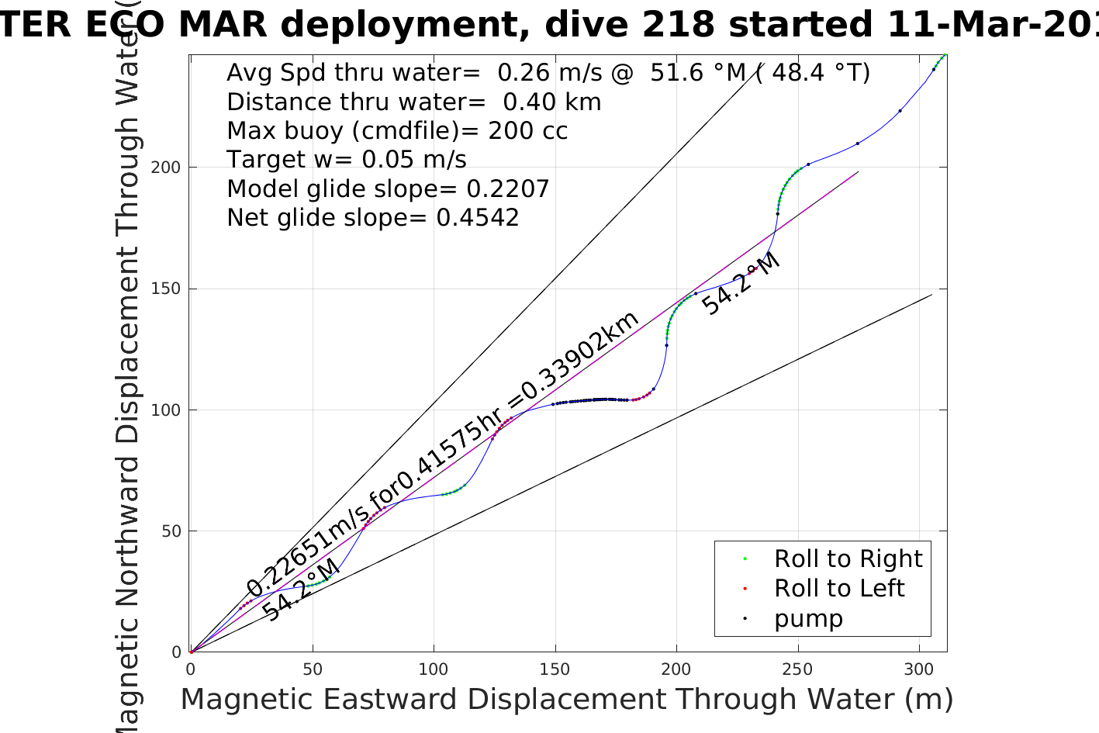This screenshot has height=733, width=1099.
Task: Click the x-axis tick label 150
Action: (x=555, y=669)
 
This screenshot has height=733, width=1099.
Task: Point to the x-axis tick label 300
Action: (x=919, y=669)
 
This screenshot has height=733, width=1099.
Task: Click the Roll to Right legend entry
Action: (x=848, y=558)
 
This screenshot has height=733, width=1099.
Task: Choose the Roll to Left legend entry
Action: (x=838, y=588)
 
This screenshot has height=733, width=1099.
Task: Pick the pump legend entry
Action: (x=808, y=618)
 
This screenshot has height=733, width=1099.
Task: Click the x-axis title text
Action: (x=566, y=700)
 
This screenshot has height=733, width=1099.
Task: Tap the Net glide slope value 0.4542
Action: (x=477, y=218)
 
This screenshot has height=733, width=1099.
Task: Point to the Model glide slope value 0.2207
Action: (x=507, y=189)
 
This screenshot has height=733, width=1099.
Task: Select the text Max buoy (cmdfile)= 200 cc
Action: (x=397, y=131)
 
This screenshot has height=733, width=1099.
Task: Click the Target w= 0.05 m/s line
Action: (x=347, y=160)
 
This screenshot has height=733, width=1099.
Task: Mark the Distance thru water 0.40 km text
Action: (x=413, y=102)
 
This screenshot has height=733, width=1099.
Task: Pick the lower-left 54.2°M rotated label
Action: (x=300, y=590)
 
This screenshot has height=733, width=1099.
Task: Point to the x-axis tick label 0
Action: (x=191, y=669)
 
